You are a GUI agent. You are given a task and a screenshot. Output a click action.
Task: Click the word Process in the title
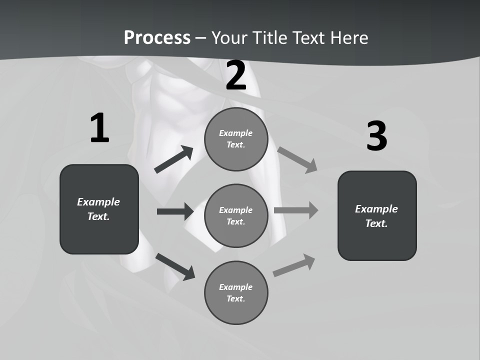pyautogui.click(x=157, y=37)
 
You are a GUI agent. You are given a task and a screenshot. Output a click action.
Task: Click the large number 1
pyautogui.click(x=99, y=128)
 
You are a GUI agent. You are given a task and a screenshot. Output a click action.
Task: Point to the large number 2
pyautogui.click(x=236, y=75)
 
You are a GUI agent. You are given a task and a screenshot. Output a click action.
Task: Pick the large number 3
pyautogui.click(x=376, y=136)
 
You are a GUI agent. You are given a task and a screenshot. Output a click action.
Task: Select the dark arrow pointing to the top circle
pyautogui.click(x=174, y=159)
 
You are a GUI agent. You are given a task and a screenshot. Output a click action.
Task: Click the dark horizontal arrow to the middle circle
pyautogui.click(x=175, y=211)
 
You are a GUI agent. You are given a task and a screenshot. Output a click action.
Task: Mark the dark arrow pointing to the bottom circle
pyautogui.click(x=175, y=266)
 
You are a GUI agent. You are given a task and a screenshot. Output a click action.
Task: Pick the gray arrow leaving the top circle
pyautogui.click(x=297, y=160)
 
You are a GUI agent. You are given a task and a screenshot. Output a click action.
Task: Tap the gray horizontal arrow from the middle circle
pyautogui.click(x=296, y=210)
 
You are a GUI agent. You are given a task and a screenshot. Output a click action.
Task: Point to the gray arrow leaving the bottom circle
pyautogui.click(x=294, y=265)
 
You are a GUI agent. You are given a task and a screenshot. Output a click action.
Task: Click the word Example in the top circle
pyautogui.click(x=236, y=133)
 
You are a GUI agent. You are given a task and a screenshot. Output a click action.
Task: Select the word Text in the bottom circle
pyautogui.click(x=235, y=298)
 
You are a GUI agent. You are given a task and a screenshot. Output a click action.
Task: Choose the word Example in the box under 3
pyautogui.click(x=376, y=209)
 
